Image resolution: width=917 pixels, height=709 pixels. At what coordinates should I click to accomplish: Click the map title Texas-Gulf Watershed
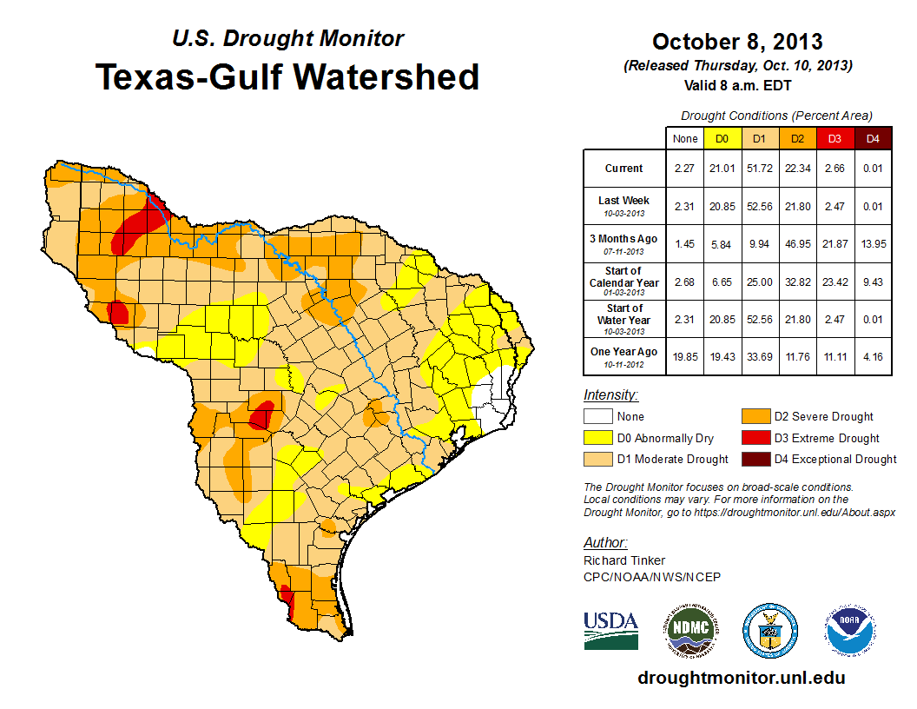pos(287,76)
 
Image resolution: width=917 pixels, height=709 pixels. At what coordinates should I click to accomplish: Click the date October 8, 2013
pos(737,42)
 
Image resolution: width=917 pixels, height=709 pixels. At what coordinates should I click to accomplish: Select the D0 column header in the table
pos(722,138)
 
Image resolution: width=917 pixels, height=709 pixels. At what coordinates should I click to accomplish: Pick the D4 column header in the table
pos(873,138)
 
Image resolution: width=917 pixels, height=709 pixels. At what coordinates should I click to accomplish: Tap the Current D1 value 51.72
pos(759,169)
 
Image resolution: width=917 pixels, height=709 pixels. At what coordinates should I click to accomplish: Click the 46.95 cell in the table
pos(797,244)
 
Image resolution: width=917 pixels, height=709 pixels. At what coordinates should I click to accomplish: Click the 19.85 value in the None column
pos(684,356)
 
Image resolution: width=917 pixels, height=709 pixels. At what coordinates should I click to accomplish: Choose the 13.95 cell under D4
pos(873,244)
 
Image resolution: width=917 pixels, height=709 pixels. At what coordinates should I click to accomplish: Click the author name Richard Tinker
pos(624,560)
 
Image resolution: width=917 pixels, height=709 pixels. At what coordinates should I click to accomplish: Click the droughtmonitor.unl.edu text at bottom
pos(741,678)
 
